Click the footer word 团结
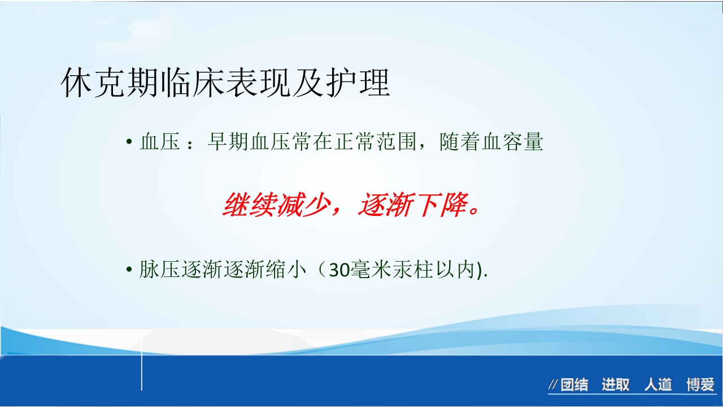[574, 386]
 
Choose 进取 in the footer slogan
[615, 386]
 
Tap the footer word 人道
[658, 386]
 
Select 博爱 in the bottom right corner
[700, 386]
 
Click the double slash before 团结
[554, 386]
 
